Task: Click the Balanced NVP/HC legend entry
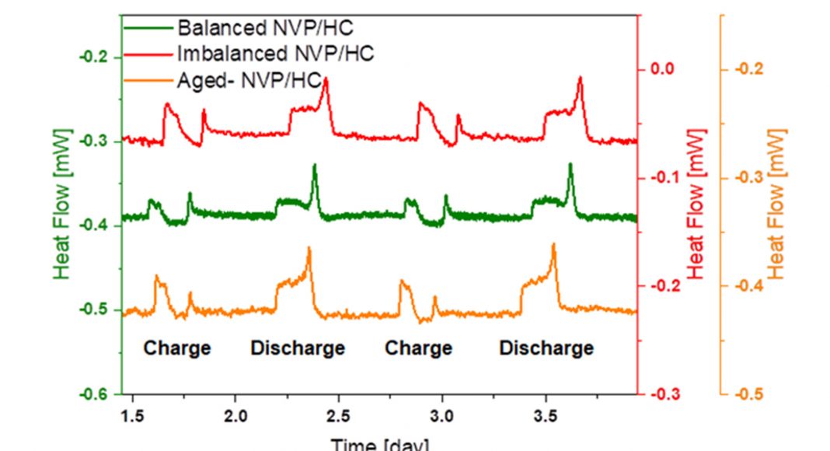(265, 29)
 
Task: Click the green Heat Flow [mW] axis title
(63, 205)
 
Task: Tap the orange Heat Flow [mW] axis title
(776, 205)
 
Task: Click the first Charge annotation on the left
(177, 348)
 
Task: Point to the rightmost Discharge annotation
(546, 348)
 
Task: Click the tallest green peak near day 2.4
(314, 166)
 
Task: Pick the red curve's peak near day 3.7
(580, 79)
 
